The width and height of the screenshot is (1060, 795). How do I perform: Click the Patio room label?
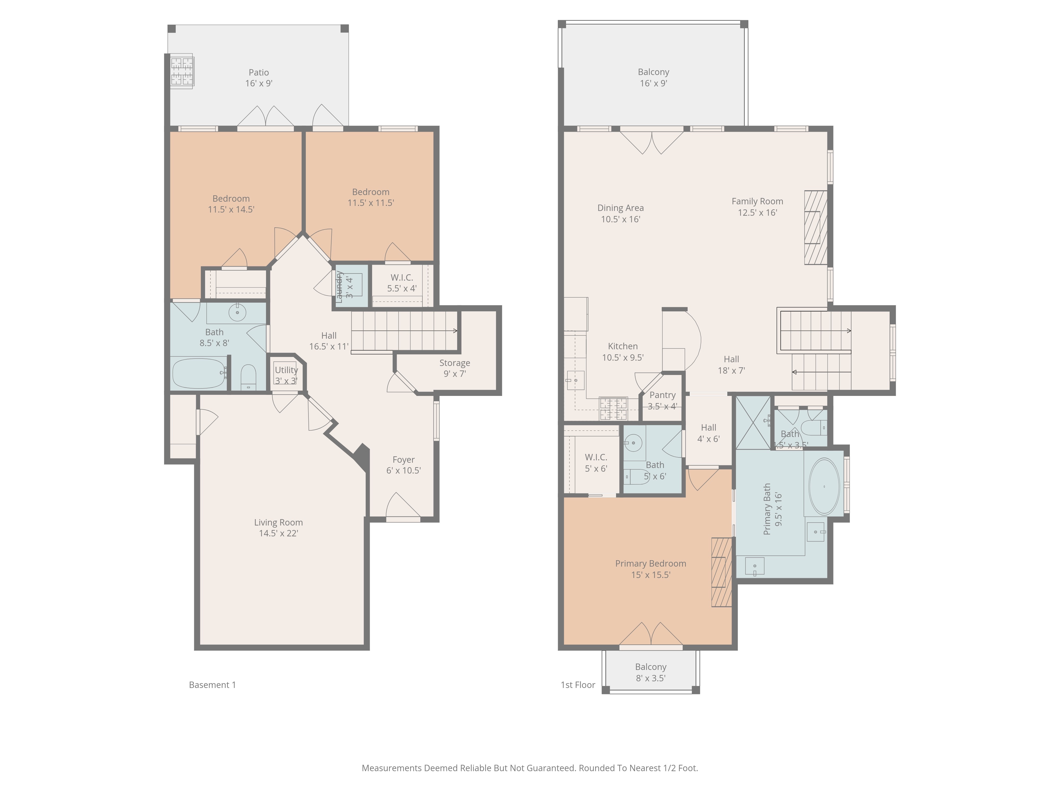[x=259, y=78]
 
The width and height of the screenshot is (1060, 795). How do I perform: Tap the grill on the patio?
[x=182, y=71]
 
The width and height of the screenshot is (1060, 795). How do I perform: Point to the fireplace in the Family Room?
[x=816, y=228]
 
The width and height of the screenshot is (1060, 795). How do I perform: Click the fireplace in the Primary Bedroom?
[x=722, y=572]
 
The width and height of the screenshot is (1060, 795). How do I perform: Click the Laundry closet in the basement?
[x=351, y=286]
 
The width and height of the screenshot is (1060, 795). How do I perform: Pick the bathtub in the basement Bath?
[x=198, y=373]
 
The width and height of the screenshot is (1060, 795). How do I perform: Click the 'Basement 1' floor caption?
[x=212, y=685]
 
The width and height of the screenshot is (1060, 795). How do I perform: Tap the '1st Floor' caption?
[x=578, y=685]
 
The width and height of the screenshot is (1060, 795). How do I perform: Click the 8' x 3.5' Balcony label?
[x=651, y=672]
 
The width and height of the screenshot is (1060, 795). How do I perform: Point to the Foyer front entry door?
[x=403, y=506]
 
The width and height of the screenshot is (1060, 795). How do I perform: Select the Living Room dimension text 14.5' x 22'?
[x=279, y=533]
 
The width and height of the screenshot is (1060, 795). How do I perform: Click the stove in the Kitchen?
[x=613, y=409]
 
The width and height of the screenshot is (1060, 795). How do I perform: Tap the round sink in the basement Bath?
[x=237, y=313]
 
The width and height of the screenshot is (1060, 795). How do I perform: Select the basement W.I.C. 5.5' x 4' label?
[x=401, y=283]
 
